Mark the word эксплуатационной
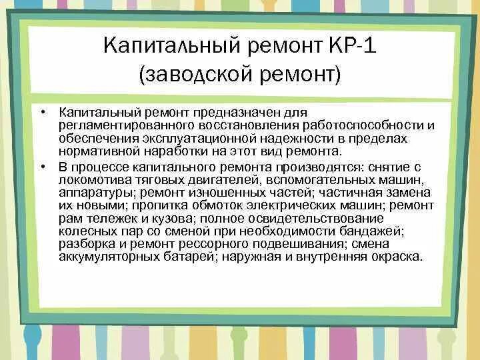coord(198,137)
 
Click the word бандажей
coord(375,231)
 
